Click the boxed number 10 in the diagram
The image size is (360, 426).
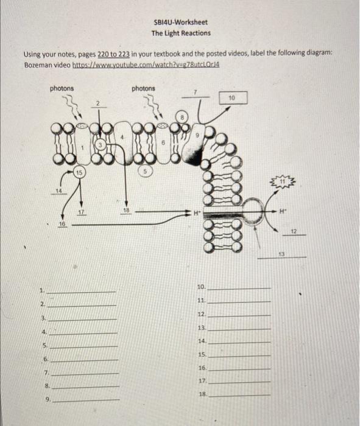(231, 97)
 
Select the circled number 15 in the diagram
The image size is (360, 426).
(79, 173)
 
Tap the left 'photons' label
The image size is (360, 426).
(62, 88)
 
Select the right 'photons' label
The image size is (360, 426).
(143, 88)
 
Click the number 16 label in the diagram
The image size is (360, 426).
(62, 224)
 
